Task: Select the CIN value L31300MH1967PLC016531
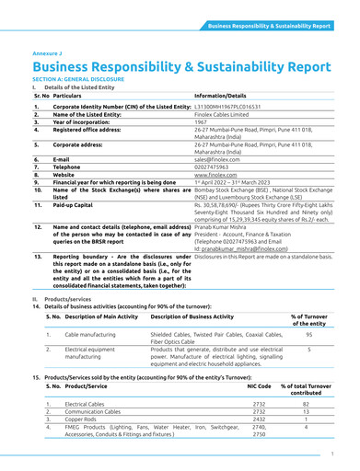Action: (x=228, y=107)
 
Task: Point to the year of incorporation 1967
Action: (x=200, y=122)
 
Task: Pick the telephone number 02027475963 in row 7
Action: (x=215, y=166)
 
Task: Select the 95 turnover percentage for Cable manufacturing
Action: (x=309, y=336)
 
